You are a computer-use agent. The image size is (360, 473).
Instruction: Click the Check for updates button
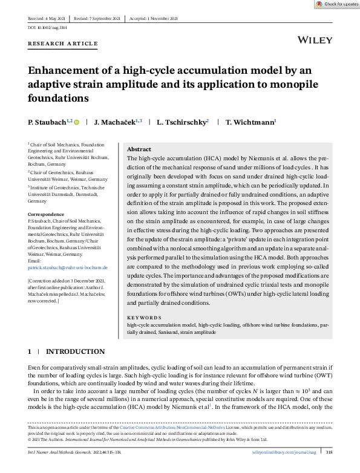click(x=336, y=4)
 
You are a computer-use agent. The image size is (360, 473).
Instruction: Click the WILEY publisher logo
click(x=315, y=40)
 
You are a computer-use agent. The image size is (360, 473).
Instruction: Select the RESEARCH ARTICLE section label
click(x=62, y=44)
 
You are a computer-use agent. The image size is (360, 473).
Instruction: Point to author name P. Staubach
click(x=48, y=122)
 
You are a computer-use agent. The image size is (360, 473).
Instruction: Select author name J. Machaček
click(x=119, y=122)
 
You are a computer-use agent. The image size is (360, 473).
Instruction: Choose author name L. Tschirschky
click(x=181, y=122)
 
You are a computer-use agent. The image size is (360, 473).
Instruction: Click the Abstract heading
click(x=139, y=149)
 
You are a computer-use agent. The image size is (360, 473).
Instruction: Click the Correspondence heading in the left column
click(x=46, y=214)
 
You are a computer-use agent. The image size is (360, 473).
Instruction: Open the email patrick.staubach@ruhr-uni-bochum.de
click(x=67, y=267)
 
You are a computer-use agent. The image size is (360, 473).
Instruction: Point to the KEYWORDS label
click(x=144, y=318)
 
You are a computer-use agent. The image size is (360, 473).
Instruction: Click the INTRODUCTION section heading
click(x=75, y=351)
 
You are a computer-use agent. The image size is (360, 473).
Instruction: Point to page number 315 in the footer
click(x=329, y=452)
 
